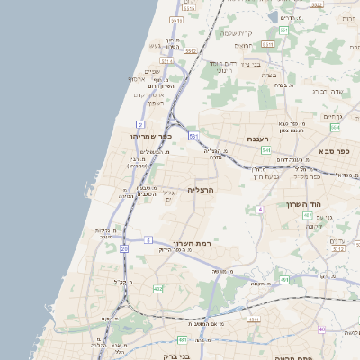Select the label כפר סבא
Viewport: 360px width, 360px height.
pyautogui.click(x=332, y=150)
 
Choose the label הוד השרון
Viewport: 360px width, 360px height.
pyautogui.click(x=331, y=204)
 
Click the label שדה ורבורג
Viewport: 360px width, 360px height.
pyautogui.click(x=329, y=90)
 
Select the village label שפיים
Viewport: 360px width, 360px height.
pyautogui.click(x=151, y=72)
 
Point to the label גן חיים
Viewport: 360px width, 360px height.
pyautogui.click(x=334, y=115)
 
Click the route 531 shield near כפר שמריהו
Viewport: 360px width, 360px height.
pyautogui.click(x=193, y=136)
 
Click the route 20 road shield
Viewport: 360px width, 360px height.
pyautogui.click(x=124, y=247)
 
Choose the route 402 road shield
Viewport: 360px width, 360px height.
pyautogui.click(x=158, y=289)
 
